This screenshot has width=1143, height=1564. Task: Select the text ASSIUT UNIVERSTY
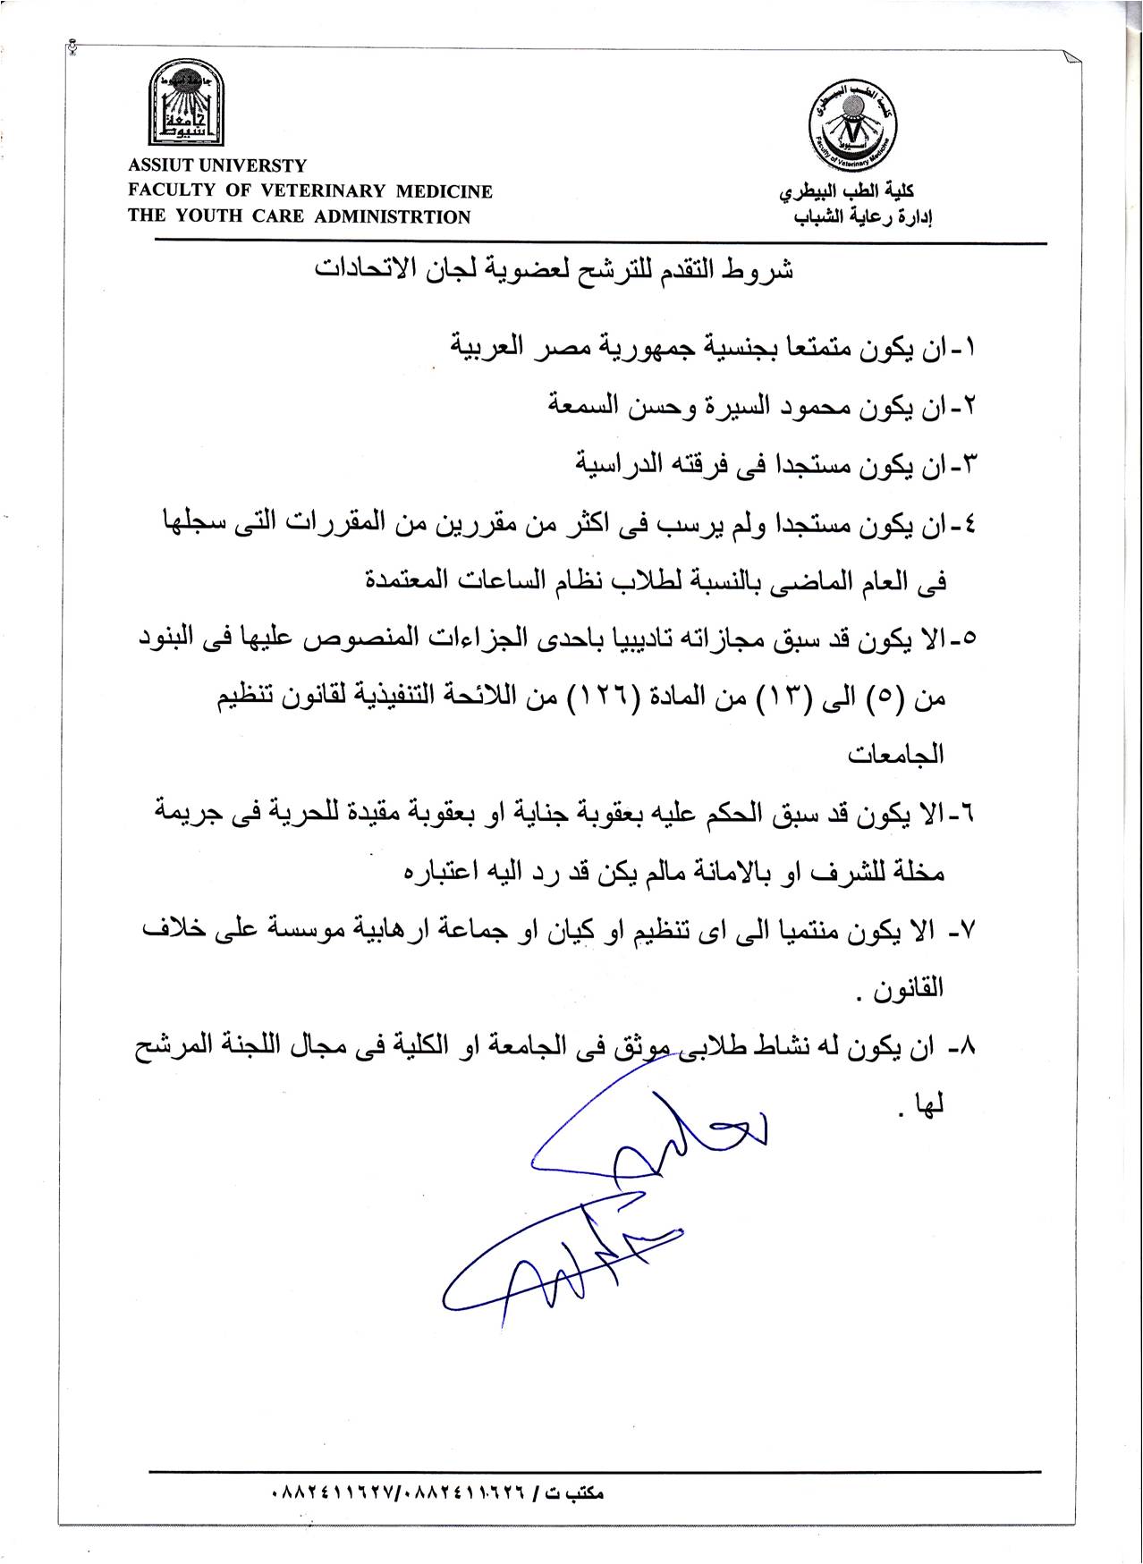pyautogui.click(x=217, y=166)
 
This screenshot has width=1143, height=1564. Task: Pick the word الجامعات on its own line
pyautogui.click(x=896, y=754)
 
